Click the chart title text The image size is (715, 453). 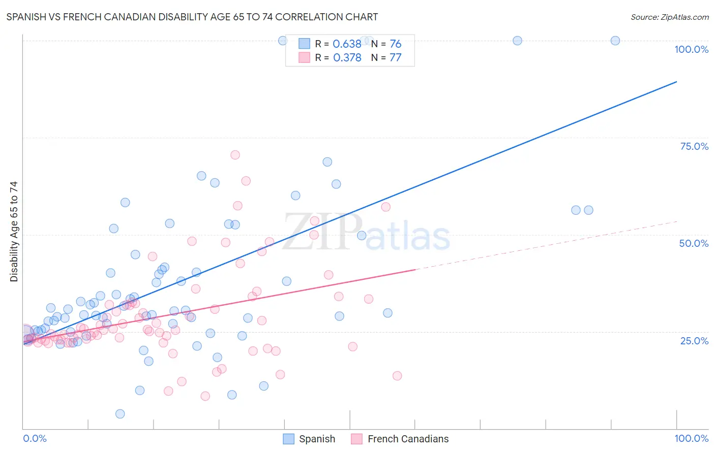192,17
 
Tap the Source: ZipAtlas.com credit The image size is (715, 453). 669,17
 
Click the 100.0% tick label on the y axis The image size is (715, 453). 691,49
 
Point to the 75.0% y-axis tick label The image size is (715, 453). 694,146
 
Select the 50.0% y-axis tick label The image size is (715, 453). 694,243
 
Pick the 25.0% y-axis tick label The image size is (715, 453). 694,340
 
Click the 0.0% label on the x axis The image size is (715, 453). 35,438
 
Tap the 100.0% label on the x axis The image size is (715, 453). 691,438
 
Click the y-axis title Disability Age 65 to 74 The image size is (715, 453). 14,231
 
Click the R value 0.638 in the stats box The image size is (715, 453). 347,44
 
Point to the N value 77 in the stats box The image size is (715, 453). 395,57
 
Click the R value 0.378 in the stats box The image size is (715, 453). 347,57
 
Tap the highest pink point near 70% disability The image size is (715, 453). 235,155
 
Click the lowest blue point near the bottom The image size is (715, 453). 120,414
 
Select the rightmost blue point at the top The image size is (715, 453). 615,41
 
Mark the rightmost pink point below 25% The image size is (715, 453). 397,376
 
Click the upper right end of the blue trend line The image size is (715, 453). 676,82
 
